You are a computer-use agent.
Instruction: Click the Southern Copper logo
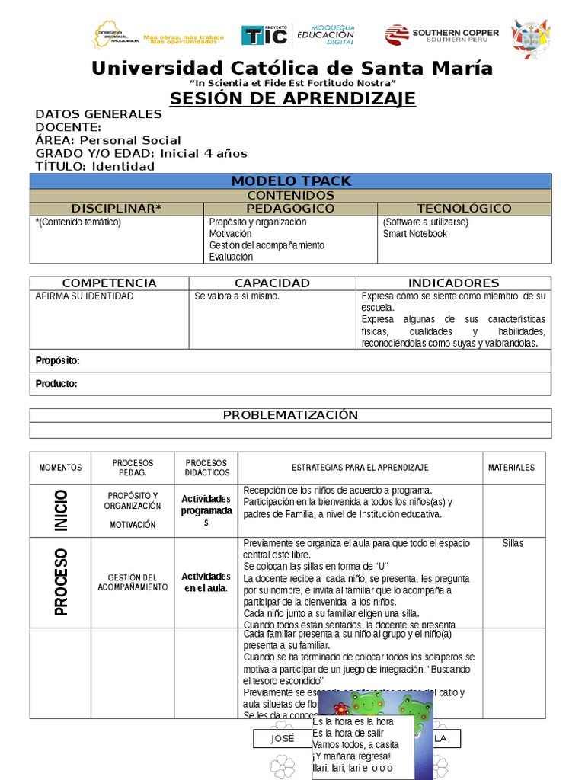pyautogui.click(x=442, y=34)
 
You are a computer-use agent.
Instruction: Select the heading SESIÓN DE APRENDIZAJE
pyautogui.click(x=292, y=98)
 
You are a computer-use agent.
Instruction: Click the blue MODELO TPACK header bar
pyautogui.click(x=291, y=181)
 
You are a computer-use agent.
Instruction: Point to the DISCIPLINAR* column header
pyautogui.click(x=117, y=208)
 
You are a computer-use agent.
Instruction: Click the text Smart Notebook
pyautogui.click(x=415, y=234)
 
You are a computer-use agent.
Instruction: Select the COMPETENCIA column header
pyautogui.click(x=109, y=283)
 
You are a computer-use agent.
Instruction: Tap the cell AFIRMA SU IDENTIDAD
pyautogui.click(x=85, y=296)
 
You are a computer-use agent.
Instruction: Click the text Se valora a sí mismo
pyautogui.click(x=237, y=296)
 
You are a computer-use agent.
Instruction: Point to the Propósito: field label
pyautogui.click(x=58, y=360)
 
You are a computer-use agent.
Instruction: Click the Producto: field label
pyautogui.click(x=56, y=384)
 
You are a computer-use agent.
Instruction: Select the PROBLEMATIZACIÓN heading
pyautogui.click(x=290, y=415)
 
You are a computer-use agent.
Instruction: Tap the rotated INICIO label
pyautogui.click(x=61, y=510)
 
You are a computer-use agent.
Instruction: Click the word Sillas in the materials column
pyautogui.click(x=513, y=543)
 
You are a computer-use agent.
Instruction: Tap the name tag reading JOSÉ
pyautogui.click(x=282, y=739)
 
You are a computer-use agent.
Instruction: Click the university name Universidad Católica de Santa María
pyautogui.click(x=292, y=69)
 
